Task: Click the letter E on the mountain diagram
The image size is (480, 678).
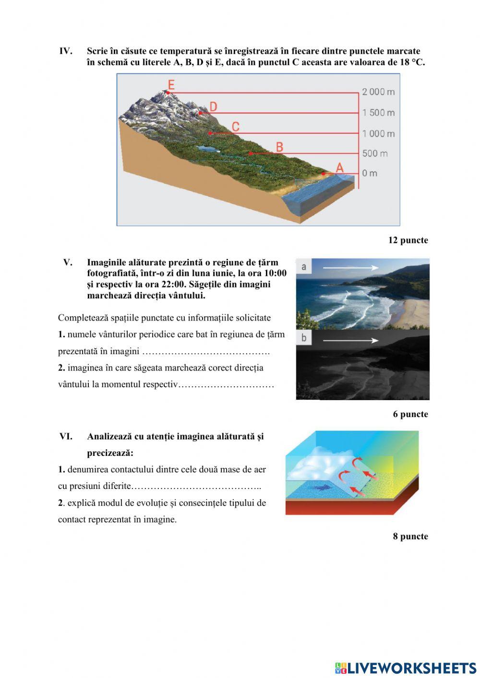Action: (x=171, y=85)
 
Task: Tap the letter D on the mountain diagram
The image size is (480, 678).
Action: (x=213, y=107)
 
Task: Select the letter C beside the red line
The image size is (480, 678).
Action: (x=235, y=127)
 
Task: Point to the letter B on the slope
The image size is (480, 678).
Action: (x=279, y=147)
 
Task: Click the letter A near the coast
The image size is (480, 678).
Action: (x=340, y=167)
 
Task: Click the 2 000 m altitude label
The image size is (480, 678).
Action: (x=378, y=92)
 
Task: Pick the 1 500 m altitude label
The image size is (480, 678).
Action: (x=378, y=113)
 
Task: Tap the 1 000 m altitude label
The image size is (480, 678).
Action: (x=378, y=133)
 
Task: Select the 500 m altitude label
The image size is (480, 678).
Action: (x=375, y=154)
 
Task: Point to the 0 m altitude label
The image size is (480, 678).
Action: (x=370, y=173)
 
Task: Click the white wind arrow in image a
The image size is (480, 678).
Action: (x=350, y=267)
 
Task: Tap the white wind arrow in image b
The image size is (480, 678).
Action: (x=350, y=340)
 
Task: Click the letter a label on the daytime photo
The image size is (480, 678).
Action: (x=304, y=266)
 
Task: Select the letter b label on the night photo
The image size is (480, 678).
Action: (x=304, y=338)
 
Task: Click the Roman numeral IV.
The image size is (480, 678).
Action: (x=66, y=51)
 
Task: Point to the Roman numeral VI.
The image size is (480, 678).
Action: (x=66, y=437)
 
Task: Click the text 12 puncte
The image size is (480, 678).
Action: (x=408, y=240)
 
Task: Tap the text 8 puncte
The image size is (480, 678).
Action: (x=410, y=536)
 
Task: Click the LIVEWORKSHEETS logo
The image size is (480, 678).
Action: (x=406, y=668)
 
